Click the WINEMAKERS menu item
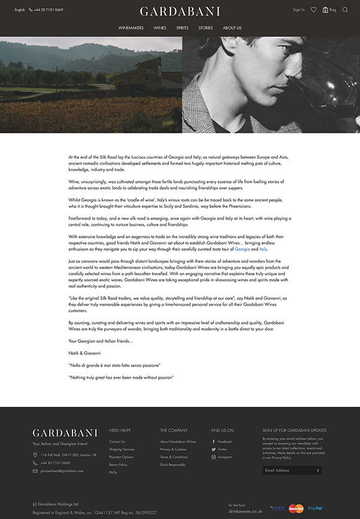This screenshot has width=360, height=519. coord(131,28)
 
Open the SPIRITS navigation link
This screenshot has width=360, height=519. coord(182,28)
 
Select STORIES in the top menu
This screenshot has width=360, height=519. coord(206,28)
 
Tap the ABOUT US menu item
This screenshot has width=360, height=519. coord(232,28)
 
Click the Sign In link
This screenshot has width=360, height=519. coord(299,10)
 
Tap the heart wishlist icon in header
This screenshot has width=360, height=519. coord(314,10)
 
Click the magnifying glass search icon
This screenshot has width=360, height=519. coord(345,10)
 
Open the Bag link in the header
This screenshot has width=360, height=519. coord(330,10)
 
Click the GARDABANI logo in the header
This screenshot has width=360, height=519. coord(180,11)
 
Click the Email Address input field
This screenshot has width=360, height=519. coord(288,470)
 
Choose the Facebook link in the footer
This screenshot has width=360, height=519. coord(224,441)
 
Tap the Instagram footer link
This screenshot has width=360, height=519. coord(224,457)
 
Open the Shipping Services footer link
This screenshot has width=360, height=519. coord(121,449)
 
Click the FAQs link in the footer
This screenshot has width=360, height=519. coord(113,472)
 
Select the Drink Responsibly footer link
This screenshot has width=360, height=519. coord(172,464)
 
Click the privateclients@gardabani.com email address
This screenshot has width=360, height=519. coord(62,471)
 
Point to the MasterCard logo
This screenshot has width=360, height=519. coord(296,508)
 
